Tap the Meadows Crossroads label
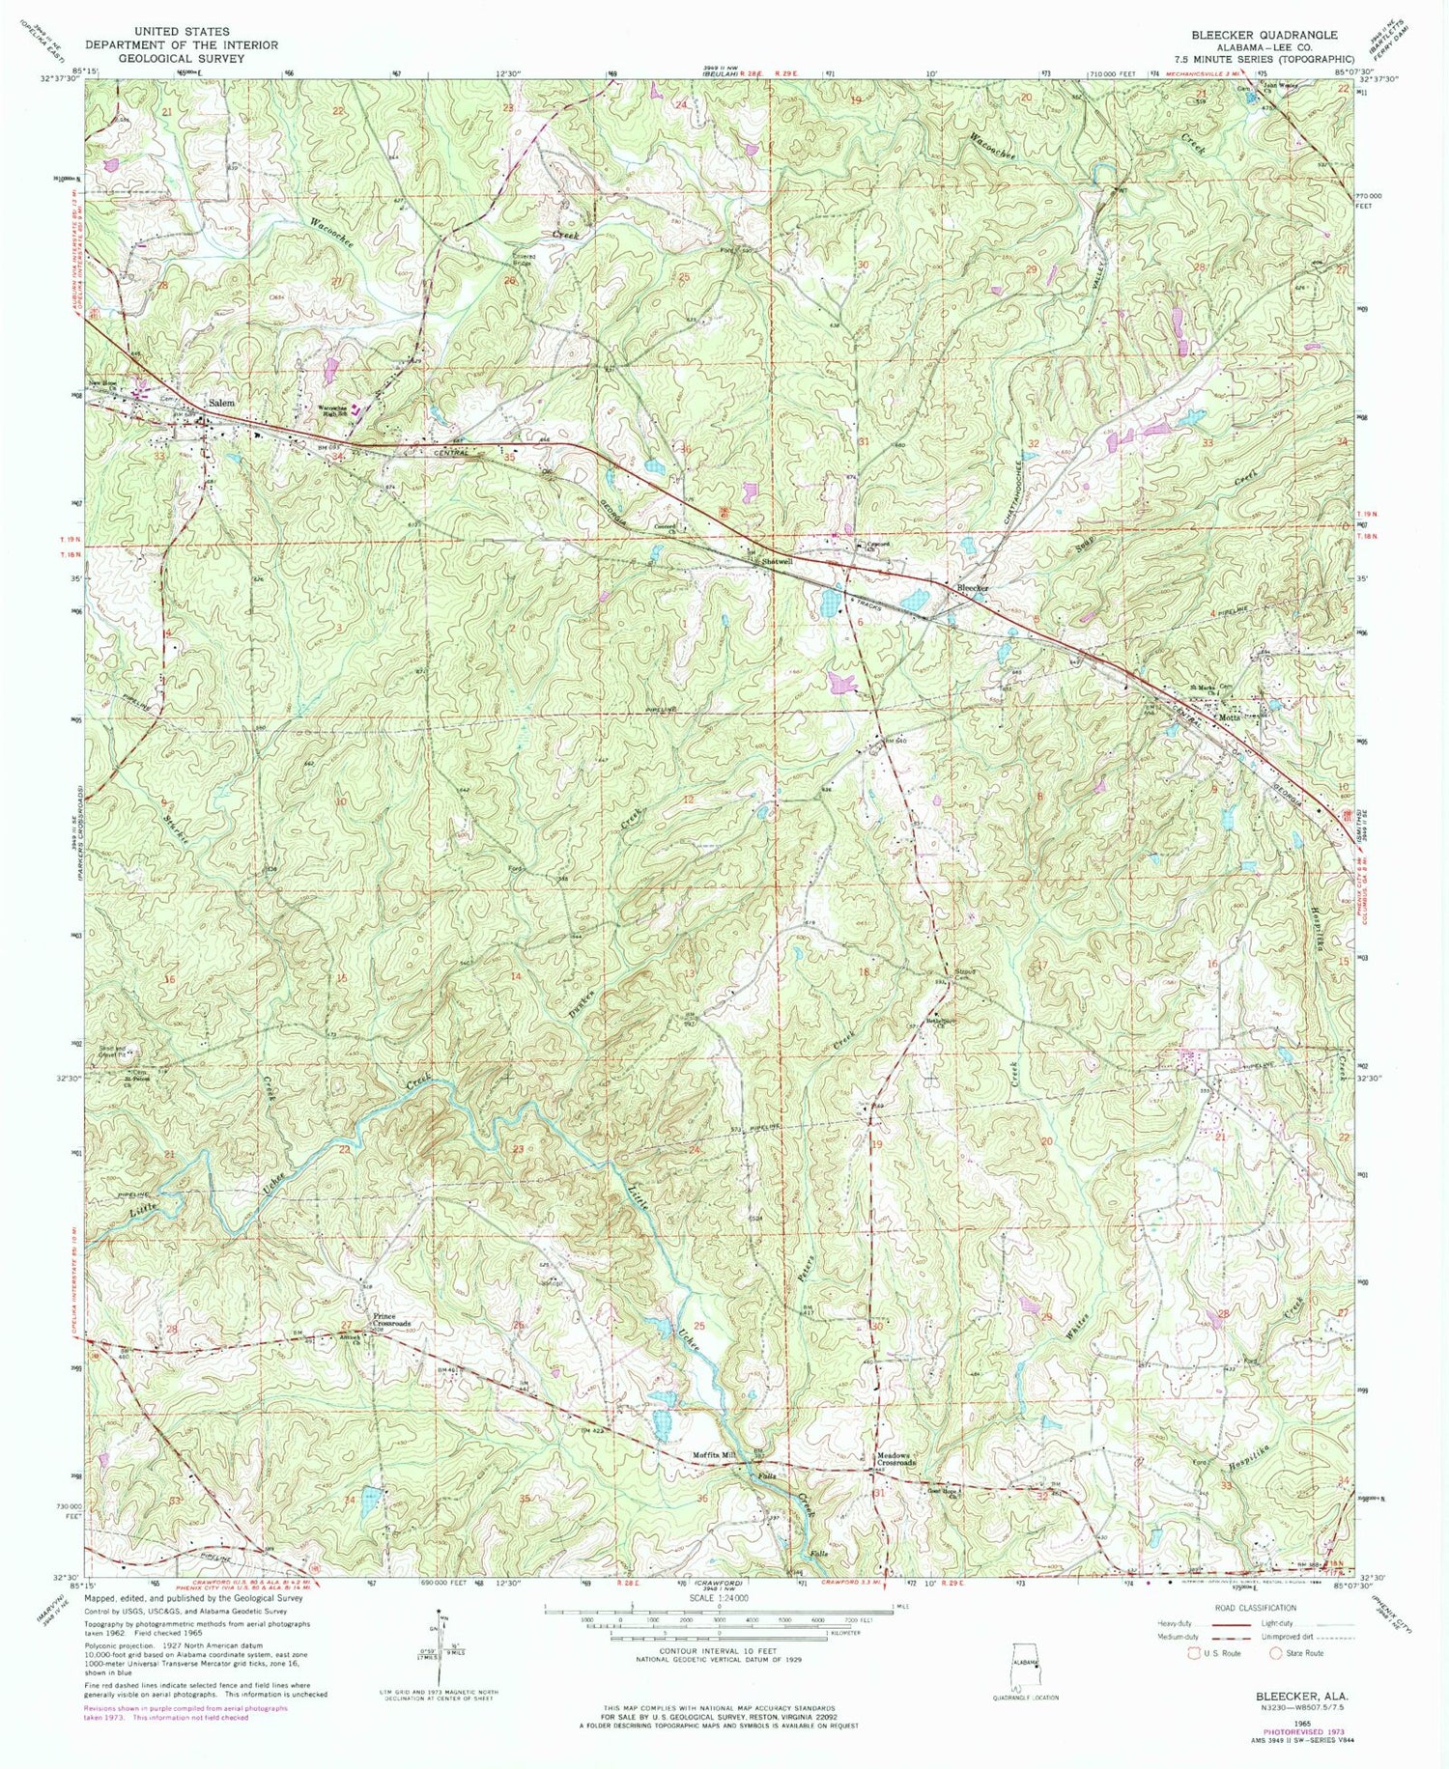(x=895, y=1461)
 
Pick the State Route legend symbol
(x=1275, y=1652)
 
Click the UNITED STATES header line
(x=181, y=32)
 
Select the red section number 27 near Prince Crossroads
(x=346, y=1325)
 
